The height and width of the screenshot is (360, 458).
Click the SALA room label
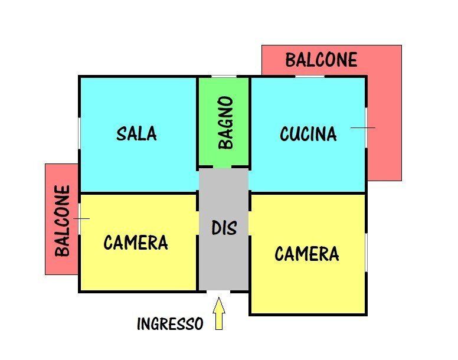[x=136, y=133]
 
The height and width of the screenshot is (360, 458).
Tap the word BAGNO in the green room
[x=225, y=123]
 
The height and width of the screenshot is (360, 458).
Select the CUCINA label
[x=308, y=134]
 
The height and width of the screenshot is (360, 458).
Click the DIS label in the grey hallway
[x=224, y=227]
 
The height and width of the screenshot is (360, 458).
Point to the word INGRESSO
[x=170, y=324]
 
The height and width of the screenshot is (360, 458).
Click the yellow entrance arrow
[x=219, y=313]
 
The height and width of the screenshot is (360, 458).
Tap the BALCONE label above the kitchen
[x=321, y=60]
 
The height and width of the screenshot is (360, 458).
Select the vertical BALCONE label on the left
[x=63, y=221]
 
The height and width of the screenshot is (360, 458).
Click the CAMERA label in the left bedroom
[x=136, y=243]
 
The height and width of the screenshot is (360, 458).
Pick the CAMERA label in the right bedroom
[x=306, y=254]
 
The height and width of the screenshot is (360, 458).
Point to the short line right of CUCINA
[x=362, y=127]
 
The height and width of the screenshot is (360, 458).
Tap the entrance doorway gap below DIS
[x=218, y=292]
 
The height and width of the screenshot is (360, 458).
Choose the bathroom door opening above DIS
[x=223, y=168]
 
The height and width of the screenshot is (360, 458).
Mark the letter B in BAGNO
[x=225, y=142]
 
